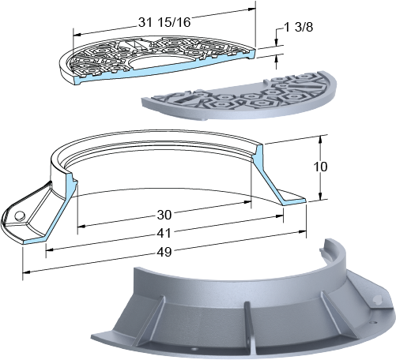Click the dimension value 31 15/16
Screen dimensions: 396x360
[164, 22]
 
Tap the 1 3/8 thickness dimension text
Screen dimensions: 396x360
[299, 27]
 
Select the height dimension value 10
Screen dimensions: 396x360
[320, 167]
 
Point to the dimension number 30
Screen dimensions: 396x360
[164, 215]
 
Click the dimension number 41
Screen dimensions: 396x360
[164, 233]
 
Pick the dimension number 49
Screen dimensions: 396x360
[164, 252]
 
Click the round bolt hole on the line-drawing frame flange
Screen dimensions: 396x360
[19, 216]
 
